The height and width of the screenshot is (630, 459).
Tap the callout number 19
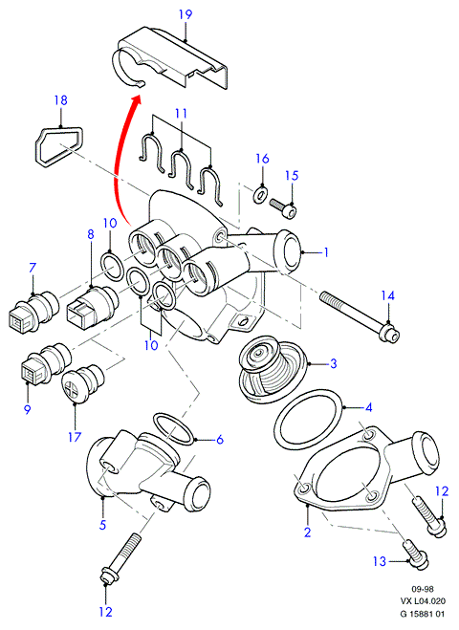tap(186, 15)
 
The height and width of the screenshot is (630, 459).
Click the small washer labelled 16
tap(260, 194)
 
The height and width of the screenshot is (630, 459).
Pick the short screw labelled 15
tap(283, 206)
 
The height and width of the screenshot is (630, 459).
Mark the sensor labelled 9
tap(45, 363)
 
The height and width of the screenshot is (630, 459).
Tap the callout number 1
tap(326, 252)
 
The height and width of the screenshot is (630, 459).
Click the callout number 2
tap(308, 532)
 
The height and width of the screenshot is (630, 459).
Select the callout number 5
tap(102, 525)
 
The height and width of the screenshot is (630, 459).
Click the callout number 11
tap(182, 114)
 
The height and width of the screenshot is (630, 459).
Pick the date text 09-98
tap(423, 590)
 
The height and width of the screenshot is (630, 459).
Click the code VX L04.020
tap(423, 601)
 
